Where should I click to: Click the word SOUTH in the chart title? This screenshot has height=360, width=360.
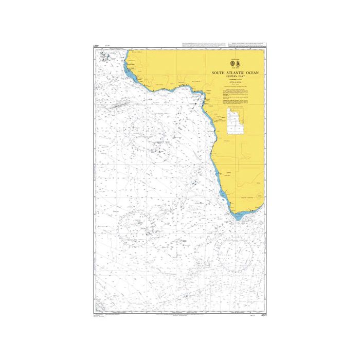[x=218, y=73]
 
